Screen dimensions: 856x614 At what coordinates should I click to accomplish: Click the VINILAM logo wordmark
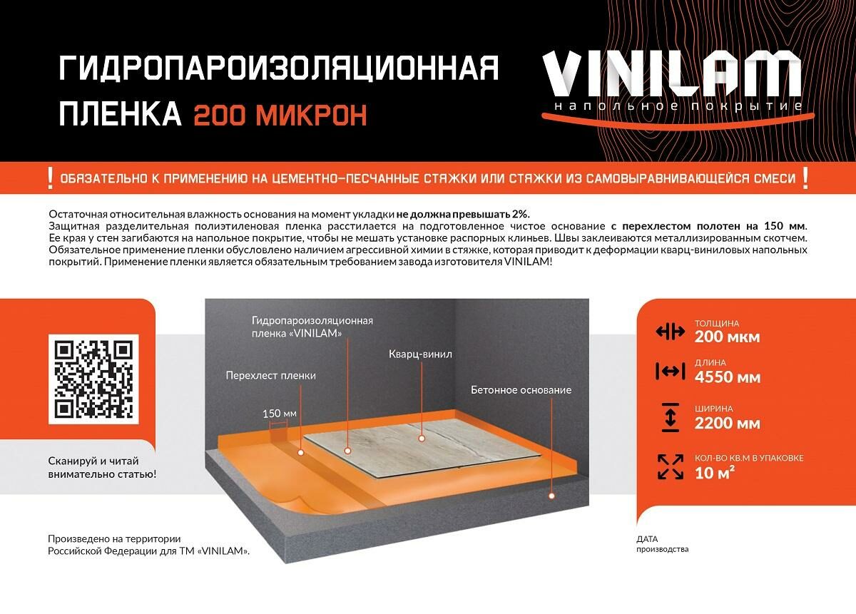pyautogui.click(x=671, y=74)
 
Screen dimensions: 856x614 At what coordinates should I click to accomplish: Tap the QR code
pyautogui.click(x=93, y=379)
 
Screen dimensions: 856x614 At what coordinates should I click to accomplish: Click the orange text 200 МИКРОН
pyautogui.click(x=280, y=115)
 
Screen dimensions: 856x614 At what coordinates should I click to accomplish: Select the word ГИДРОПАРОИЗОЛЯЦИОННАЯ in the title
pyautogui.click(x=279, y=68)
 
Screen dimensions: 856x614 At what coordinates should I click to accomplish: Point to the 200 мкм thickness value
pyautogui.click(x=727, y=337)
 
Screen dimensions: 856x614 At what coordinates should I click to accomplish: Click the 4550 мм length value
pyautogui.click(x=728, y=377)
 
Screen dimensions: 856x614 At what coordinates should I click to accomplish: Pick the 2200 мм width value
pyautogui.click(x=727, y=424)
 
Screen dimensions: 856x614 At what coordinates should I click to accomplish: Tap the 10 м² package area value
pyautogui.click(x=714, y=473)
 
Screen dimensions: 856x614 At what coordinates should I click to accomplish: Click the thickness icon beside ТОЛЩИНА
pyautogui.click(x=671, y=332)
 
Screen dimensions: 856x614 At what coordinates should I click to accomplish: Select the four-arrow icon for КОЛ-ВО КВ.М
pyautogui.click(x=671, y=466)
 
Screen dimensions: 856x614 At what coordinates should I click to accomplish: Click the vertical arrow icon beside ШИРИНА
pyautogui.click(x=671, y=417)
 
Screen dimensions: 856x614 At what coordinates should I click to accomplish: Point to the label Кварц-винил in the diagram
pyautogui.click(x=420, y=354)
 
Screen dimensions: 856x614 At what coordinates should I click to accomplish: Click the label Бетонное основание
pyautogui.click(x=521, y=390)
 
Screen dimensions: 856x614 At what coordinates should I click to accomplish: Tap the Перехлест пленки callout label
pyautogui.click(x=271, y=376)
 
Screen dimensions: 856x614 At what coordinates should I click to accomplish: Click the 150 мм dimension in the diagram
pyautogui.click(x=280, y=414)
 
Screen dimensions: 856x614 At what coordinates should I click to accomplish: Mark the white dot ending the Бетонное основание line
pyautogui.click(x=551, y=496)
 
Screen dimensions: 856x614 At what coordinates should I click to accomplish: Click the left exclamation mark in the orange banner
pyautogui.click(x=50, y=178)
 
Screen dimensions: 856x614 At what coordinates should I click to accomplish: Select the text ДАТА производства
pyautogui.click(x=662, y=544)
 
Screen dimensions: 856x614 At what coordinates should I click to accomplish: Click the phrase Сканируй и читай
pyautogui.click(x=93, y=461)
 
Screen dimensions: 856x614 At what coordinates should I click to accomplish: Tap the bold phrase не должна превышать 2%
pyautogui.click(x=463, y=214)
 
